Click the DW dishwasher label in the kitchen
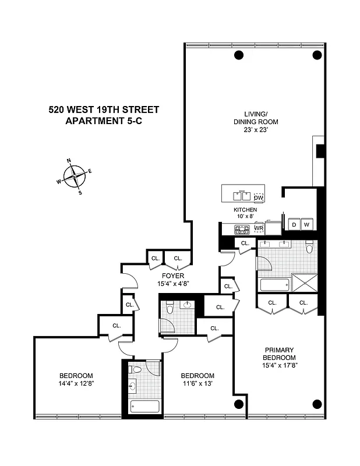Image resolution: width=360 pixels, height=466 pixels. pyautogui.click(x=259, y=198)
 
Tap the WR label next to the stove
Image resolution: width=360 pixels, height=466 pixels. pyautogui.click(x=259, y=229)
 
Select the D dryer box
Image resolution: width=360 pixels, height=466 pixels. pyautogui.click(x=294, y=224)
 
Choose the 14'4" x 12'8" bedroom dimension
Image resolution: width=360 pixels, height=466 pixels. pyautogui.click(x=76, y=383)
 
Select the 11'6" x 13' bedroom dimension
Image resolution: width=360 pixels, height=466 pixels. pyautogui.click(x=197, y=383)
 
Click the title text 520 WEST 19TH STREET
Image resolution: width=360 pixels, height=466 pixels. pyautogui.click(x=104, y=109)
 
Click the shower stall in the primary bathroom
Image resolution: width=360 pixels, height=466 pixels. pyautogui.click(x=305, y=284)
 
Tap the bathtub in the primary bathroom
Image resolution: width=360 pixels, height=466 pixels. pyautogui.click(x=274, y=285)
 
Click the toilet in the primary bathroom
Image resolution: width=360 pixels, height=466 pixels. pyautogui.click(x=309, y=247)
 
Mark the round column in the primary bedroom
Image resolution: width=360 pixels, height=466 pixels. pyautogui.click(x=317, y=404)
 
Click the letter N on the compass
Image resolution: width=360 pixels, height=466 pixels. pyautogui.click(x=69, y=160)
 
